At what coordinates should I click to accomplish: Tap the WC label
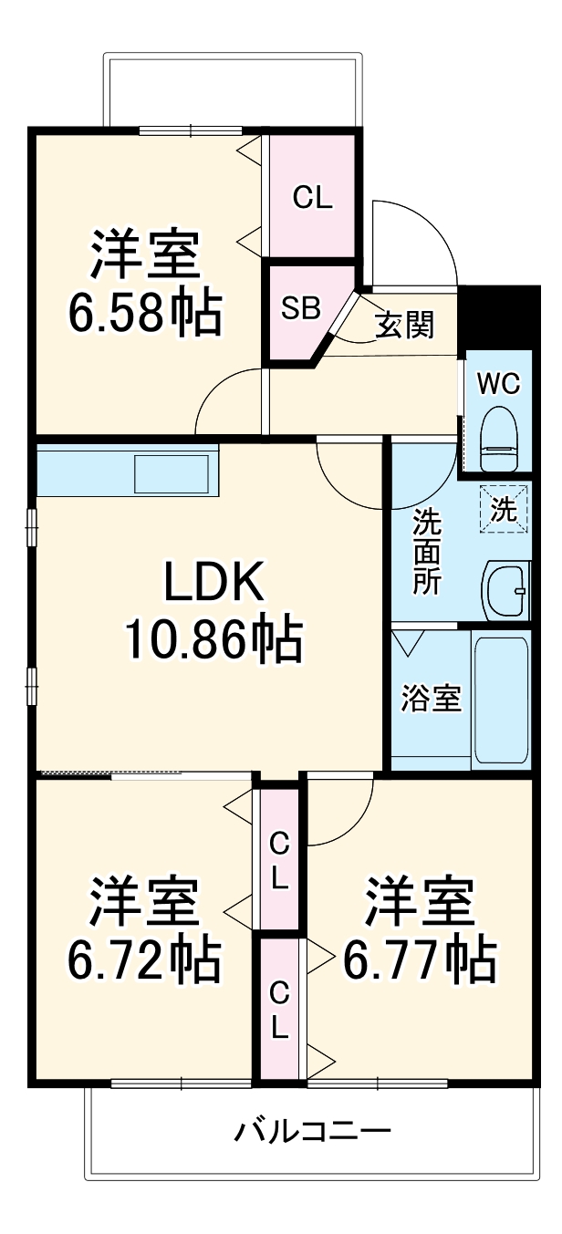tap(499, 383)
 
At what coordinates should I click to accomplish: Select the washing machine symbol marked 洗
tap(504, 509)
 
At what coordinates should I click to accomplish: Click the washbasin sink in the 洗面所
tap(505, 592)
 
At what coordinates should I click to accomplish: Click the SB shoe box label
tap(301, 308)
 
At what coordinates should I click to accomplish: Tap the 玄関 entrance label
tap(405, 325)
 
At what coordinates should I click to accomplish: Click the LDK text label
tap(213, 582)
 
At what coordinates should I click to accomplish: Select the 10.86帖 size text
tap(213, 639)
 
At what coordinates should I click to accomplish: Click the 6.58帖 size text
tap(145, 313)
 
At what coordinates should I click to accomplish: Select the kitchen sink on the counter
tap(172, 473)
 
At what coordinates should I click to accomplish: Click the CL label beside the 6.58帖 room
tap(312, 197)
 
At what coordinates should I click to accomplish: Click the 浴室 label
tap(431, 698)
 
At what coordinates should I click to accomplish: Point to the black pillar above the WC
tap(499, 318)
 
